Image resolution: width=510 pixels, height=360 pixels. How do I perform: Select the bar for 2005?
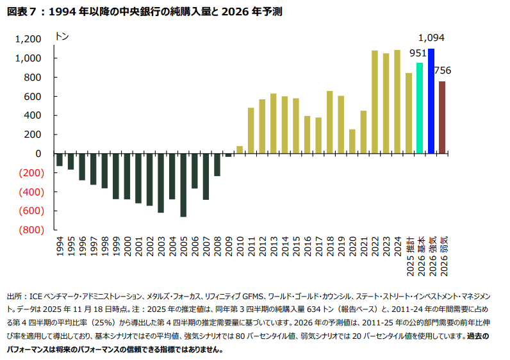coord(183,185)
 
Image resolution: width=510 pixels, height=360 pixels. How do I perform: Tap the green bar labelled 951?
coord(420,108)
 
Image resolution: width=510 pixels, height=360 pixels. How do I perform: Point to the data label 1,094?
coord(431,38)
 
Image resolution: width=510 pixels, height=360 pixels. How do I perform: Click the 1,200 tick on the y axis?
coord(29,39)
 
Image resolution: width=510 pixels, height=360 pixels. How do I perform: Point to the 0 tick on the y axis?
coord(38,154)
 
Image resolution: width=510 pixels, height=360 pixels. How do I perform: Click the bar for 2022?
coord(375,102)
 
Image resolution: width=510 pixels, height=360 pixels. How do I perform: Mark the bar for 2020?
coord(352,142)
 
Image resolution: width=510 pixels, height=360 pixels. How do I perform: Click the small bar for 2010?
coord(240,150)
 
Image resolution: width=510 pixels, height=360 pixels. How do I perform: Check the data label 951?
coord(418,53)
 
